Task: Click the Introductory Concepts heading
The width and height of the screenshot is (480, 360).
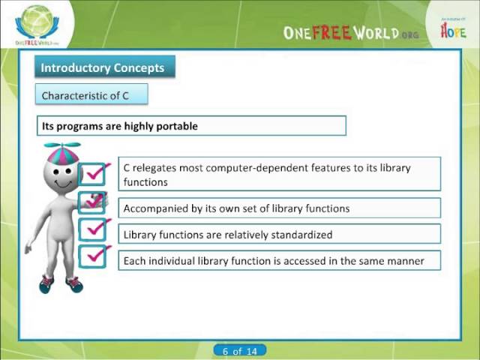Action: click(x=102, y=67)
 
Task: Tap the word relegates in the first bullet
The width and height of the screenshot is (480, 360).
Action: click(x=158, y=168)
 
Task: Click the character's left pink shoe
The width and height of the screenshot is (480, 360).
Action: click(x=46, y=283)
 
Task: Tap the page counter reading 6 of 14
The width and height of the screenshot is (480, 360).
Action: click(x=239, y=351)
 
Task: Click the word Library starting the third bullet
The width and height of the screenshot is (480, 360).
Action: click(x=139, y=234)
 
